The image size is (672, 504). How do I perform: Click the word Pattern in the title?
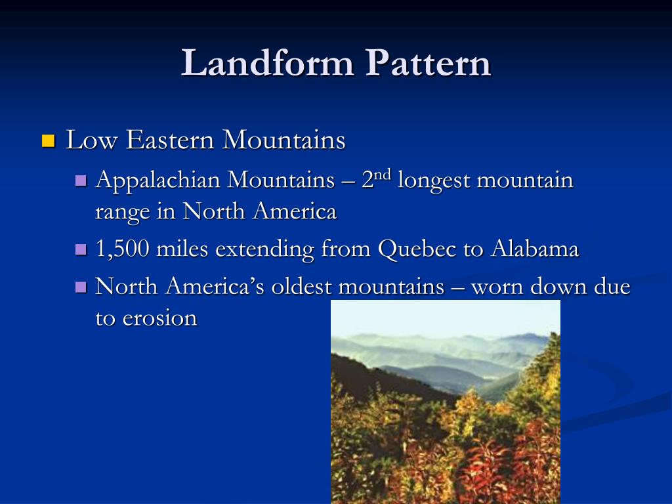(x=429, y=64)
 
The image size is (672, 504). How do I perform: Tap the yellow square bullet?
(x=48, y=140)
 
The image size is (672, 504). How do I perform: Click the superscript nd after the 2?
(x=383, y=175)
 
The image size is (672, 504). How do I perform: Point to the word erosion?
(x=159, y=318)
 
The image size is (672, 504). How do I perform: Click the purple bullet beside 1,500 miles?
(x=81, y=249)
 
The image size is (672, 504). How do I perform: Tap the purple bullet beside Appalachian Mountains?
(x=81, y=180)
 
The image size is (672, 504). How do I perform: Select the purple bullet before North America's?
(x=81, y=287)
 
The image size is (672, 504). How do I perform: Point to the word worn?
(x=497, y=287)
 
